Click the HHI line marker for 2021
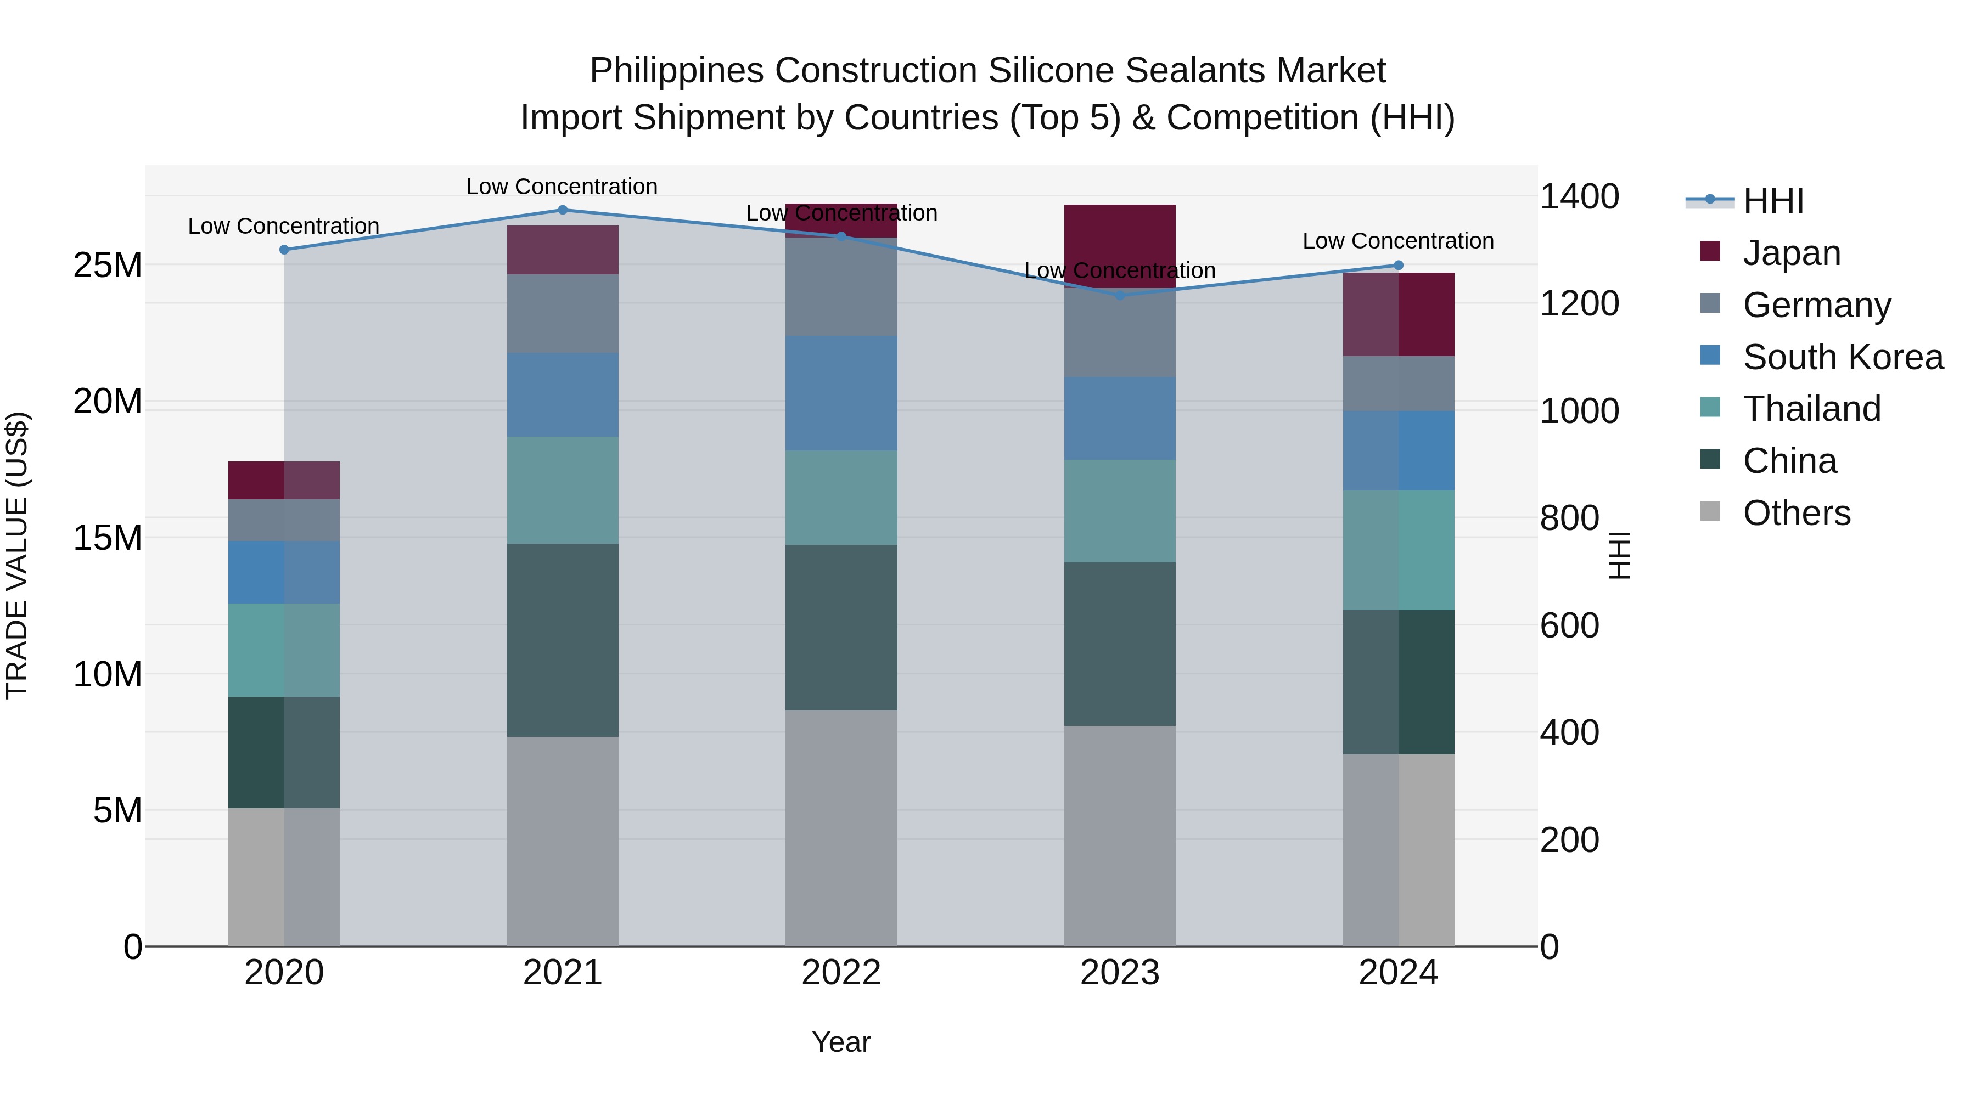(x=562, y=210)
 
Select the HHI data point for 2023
(x=1120, y=295)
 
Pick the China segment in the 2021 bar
(x=562, y=640)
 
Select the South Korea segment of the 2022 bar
(x=841, y=393)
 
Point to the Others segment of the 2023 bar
(x=1120, y=836)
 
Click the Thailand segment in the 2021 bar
(x=562, y=490)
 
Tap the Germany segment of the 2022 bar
(x=841, y=287)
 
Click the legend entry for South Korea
(x=1843, y=357)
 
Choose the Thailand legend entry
(x=1812, y=409)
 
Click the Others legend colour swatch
(x=1710, y=511)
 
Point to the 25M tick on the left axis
(x=108, y=266)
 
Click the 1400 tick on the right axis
(x=1579, y=197)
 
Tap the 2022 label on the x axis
(x=841, y=973)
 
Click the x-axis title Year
(x=841, y=1042)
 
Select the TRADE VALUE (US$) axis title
(x=17, y=555)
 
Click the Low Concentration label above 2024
(x=1397, y=241)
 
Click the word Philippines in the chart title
(x=677, y=71)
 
